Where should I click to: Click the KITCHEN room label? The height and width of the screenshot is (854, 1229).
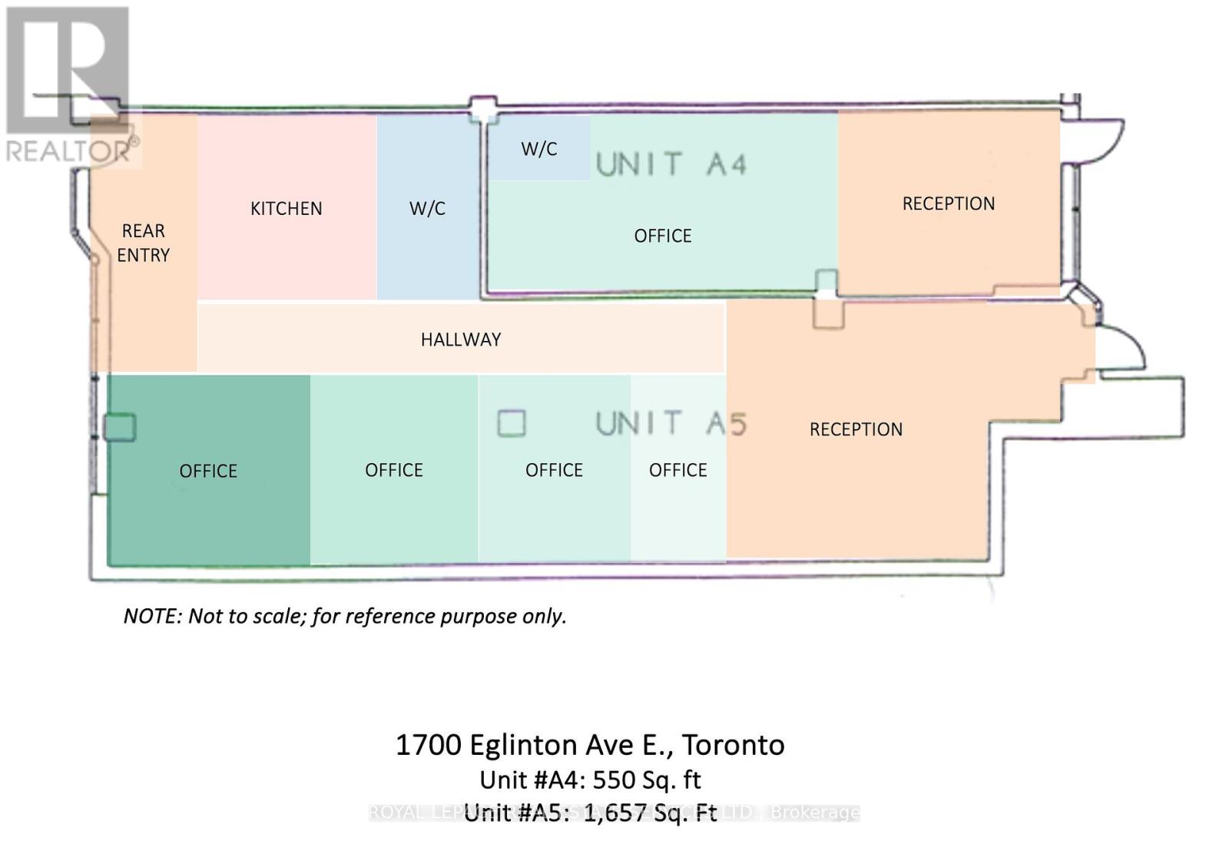[x=286, y=208]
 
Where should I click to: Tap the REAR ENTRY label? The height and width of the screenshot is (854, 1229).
[x=143, y=243]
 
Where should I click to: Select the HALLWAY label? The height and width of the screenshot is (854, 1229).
[x=461, y=339]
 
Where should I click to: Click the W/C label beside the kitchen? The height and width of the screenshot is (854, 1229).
[x=427, y=208]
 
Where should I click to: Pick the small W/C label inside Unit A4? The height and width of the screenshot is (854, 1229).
[x=538, y=149]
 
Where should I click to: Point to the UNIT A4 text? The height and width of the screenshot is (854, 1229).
[x=671, y=164]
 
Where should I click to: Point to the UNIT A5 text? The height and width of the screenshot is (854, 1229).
[x=671, y=423]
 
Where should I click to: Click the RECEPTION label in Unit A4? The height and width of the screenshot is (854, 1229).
[x=948, y=204]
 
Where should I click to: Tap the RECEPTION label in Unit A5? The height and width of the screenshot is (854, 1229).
[x=856, y=429]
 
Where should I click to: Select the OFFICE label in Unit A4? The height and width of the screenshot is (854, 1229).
[x=662, y=236]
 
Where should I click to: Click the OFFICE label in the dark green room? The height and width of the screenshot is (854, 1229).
[x=208, y=471]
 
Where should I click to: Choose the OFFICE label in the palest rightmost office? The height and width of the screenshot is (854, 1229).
[x=677, y=470]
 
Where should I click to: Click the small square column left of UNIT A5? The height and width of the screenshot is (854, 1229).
[x=512, y=423]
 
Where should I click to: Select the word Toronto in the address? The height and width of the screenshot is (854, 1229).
[x=733, y=745]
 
